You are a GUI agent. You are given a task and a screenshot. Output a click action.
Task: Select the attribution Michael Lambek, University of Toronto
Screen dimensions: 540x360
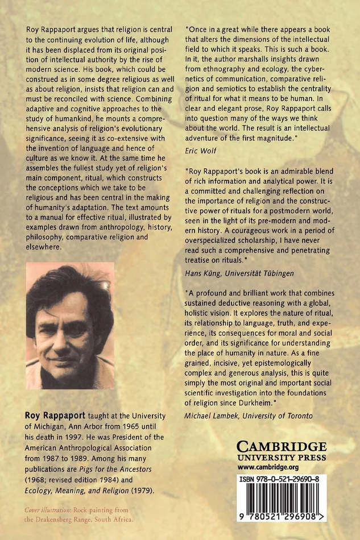tap(249, 416)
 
